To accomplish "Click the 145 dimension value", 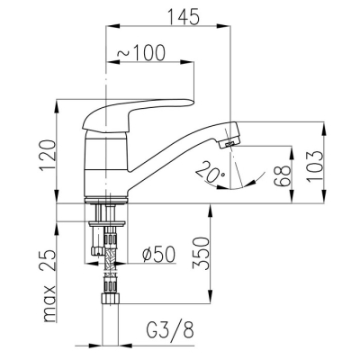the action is point(184,16).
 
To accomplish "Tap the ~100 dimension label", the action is point(141,53).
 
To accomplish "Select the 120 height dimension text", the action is point(48,155).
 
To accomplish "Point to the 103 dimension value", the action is point(315,166).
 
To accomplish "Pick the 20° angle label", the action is point(210,172).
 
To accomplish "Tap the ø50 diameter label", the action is point(158,255).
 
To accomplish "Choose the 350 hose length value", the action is point(201,254).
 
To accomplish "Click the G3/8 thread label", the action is point(170,330).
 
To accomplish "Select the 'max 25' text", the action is point(48,286).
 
